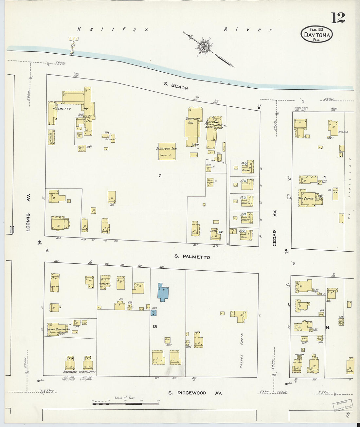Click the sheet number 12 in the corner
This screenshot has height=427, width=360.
pyautogui.click(x=338, y=18)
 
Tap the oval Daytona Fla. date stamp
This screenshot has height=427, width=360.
pyautogui.click(x=316, y=34)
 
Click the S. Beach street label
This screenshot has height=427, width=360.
pyautogui.click(x=176, y=86)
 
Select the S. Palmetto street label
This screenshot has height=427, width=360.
pyautogui.click(x=192, y=257)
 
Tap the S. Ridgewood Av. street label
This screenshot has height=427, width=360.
pyautogui.click(x=195, y=393)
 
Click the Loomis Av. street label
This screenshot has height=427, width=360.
pyautogui.click(x=28, y=213)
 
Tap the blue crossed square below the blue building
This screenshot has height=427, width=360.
pyautogui.click(x=153, y=313)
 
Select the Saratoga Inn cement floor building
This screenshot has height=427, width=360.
pyautogui.click(x=167, y=151)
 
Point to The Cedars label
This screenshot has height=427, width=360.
pyautogui.click(x=306, y=198)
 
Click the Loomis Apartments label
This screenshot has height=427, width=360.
pyautogui.click(x=59, y=329)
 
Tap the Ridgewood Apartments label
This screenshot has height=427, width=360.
pyautogui.click(x=79, y=372)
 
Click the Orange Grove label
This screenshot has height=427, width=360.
pyautogui.click(x=242, y=351)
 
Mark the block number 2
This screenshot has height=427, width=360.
pyautogui.click(x=160, y=176)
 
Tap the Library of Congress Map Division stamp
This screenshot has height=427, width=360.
pyautogui.click(x=343, y=405)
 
